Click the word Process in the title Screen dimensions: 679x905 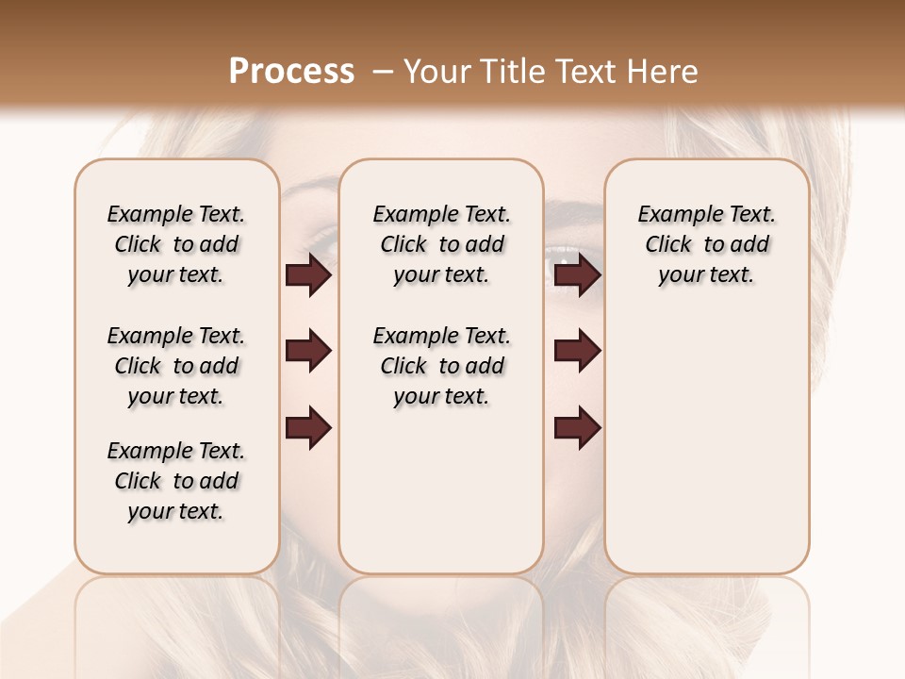coord(291,72)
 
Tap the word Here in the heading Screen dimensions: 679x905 coord(665,72)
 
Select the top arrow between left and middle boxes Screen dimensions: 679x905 coord(308,275)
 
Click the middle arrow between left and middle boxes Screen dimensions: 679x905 coord(308,352)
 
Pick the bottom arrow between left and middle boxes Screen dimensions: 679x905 coord(308,427)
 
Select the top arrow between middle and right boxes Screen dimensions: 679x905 coord(578,275)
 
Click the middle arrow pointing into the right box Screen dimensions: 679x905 coord(578,352)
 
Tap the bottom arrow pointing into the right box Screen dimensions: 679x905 coord(578,427)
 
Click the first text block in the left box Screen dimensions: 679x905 coord(176,244)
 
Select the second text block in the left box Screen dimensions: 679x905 coord(176,366)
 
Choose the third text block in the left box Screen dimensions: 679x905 coord(176,481)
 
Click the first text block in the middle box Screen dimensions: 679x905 coord(442,244)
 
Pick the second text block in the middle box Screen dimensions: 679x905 coord(442,366)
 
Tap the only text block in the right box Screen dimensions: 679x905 coord(707,244)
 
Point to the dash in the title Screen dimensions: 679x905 coord(382,72)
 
